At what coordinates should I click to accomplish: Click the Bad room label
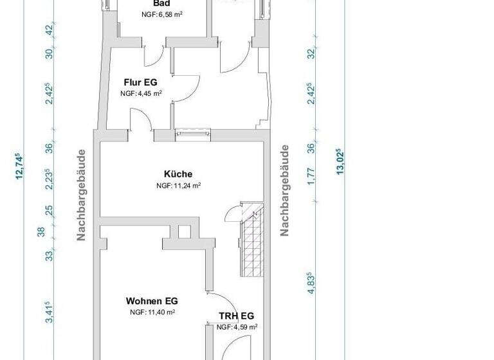click(161, 3)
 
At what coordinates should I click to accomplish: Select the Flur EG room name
click(140, 82)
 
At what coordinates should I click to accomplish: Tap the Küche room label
click(178, 174)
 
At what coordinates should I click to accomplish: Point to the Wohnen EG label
click(152, 301)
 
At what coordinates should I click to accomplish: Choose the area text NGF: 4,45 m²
click(140, 93)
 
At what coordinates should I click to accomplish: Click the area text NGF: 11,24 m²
click(178, 185)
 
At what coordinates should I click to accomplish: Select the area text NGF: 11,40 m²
click(152, 312)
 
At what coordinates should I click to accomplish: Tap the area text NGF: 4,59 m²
click(237, 327)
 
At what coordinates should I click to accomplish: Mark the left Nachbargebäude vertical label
click(82, 195)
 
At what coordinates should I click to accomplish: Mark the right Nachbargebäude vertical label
click(284, 190)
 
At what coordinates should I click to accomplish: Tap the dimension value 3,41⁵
click(48, 312)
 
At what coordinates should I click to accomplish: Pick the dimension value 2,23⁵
click(48, 181)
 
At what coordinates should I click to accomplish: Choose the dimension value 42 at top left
click(49, 30)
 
